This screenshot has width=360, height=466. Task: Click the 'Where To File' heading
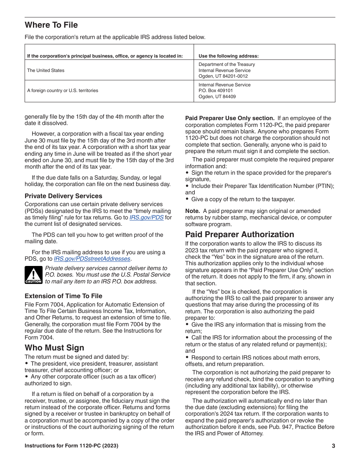(51, 25)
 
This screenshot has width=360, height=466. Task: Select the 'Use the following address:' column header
(229, 56)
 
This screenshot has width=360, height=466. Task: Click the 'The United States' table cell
(46, 70)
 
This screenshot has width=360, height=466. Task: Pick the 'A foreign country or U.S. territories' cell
(63, 91)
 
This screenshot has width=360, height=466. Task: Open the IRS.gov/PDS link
(146, 217)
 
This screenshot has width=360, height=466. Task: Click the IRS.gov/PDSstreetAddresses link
(92, 259)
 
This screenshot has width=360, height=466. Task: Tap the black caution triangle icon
(33, 275)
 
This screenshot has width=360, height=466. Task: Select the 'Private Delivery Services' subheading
(63, 196)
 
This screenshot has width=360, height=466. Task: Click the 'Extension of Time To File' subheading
(63, 296)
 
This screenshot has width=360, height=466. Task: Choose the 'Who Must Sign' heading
(54, 347)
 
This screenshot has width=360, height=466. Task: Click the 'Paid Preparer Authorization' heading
(239, 234)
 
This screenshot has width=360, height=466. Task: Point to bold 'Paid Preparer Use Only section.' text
(230, 118)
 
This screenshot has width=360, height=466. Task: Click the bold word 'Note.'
(192, 211)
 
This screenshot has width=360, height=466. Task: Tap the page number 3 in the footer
(333, 446)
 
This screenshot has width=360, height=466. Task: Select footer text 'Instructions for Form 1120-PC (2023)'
(71, 446)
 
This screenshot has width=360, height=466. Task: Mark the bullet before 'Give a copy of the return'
(187, 199)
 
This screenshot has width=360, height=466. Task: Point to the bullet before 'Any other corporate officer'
(27, 377)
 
